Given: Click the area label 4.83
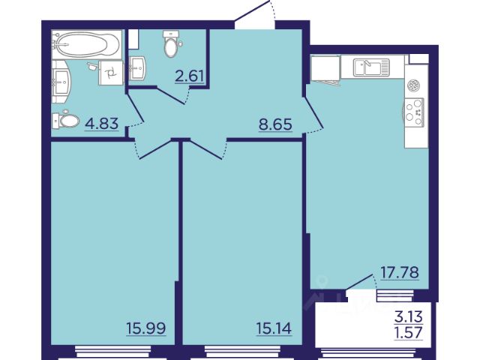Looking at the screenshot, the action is (x=102, y=124).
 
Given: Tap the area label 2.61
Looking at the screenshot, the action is (x=190, y=76).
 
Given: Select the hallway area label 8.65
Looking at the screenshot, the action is (x=275, y=124).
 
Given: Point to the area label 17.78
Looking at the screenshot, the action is (x=400, y=272).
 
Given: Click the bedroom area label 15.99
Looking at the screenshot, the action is (x=146, y=328).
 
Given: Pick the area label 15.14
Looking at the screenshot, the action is (x=274, y=328).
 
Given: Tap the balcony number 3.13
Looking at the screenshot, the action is (x=409, y=316).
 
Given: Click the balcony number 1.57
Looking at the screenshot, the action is (x=409, y=332).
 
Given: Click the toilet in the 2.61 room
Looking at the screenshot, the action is (x=171, y=43).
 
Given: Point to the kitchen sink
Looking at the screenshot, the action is (x=371, y=67).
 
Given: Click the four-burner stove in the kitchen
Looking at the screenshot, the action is (x=415, y=112).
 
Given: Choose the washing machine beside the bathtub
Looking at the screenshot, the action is (x=111, y=73).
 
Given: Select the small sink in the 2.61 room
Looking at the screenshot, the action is (x=138, y=69).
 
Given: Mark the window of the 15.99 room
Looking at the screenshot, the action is (x=113, y=352).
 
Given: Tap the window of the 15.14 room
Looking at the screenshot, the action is (x=242, y=352).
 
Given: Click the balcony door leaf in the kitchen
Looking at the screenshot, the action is (x=359, y=282).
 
